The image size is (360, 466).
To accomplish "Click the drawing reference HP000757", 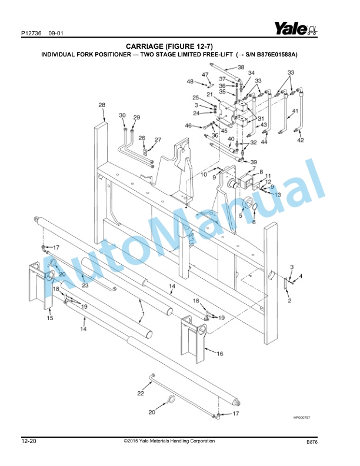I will (301, 417).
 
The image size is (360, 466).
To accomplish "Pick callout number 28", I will (102, 105).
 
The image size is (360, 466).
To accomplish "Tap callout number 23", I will (85, 285).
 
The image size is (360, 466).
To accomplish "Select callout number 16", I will (219, 354).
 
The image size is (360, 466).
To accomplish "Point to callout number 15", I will (50, 318).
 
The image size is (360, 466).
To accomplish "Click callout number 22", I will (141, 392).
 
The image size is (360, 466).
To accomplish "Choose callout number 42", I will (300, 140).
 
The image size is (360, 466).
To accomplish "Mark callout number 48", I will (190, 81).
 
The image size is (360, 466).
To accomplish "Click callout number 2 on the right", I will (289, 301).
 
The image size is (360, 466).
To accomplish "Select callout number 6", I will (254, 222).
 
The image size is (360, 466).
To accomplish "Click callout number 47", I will (205, 75).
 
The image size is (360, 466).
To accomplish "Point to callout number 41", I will (295, 111).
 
